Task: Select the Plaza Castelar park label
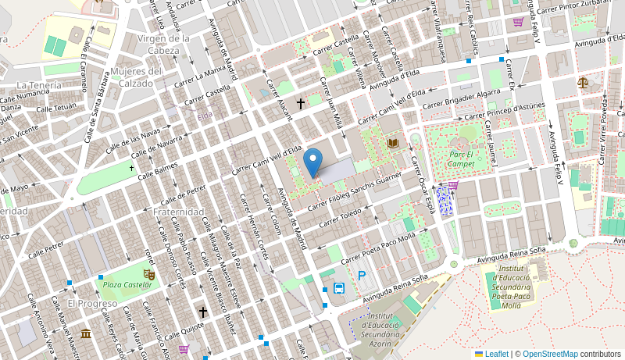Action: coord(127,285)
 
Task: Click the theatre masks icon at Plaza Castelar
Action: coord(148,274)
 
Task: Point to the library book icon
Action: coord(392,143)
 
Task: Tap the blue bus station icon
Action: coord(339,287)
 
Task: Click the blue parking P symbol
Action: coord(361,275)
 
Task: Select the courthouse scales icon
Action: coord(583,82)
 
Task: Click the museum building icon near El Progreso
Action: coord(85,334)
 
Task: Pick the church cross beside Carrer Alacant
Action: coord(300,103)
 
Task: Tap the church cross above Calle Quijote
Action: coord(203,312)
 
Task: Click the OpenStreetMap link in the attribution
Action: coord(550,354)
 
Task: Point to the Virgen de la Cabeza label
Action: coord(163,44)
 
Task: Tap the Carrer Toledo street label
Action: coord(341,213)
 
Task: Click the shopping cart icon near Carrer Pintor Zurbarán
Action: coord(518,22)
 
